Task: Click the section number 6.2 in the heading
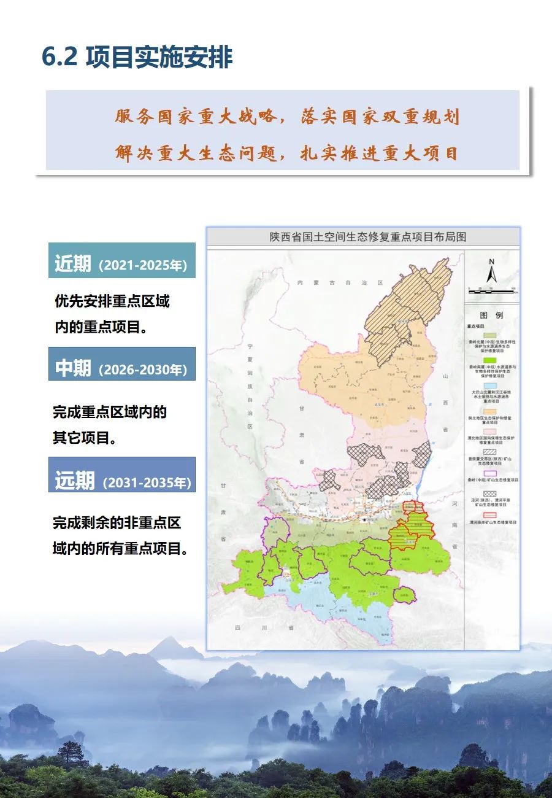(59, 57)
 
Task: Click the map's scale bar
(491, 287)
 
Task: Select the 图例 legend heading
(491, 314)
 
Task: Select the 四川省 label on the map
(264, 628)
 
